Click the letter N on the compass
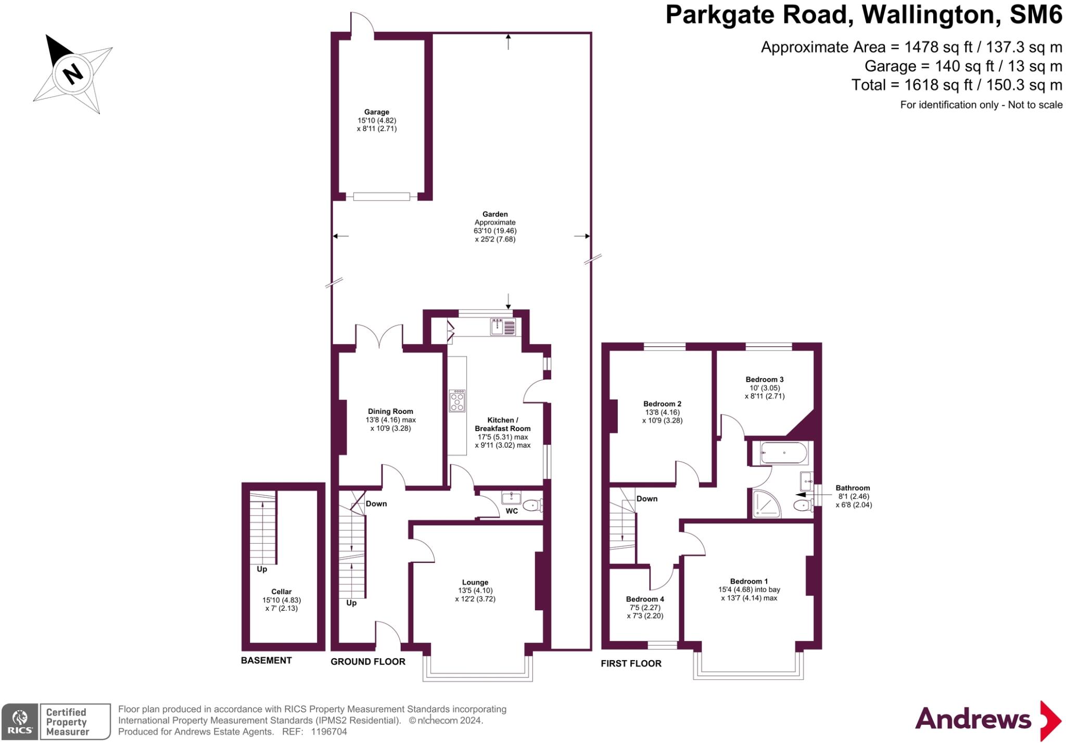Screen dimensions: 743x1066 pyautogui.click(x=73, y=73)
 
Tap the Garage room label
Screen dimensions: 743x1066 pyautogui.click(x=376, y=112)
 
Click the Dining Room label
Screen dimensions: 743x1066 pyautogui.click(x=390, y=411)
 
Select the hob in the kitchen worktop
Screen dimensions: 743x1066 pyautogui.click(x=457, y=400)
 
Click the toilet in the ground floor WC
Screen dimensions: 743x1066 pyautogui.click(x=532, y=505)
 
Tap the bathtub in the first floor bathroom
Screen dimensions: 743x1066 pyautogui.click(x=783, y=453)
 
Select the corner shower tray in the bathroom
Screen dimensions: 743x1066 pyautogui.click(x=766, y=503)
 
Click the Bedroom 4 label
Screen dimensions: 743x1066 pyautogui.click(x=645, y=599)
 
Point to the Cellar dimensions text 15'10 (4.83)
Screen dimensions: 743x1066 pyautogui.click(x=282, y=600)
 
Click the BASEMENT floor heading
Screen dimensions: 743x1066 pyautogui.click(x=266, y=660)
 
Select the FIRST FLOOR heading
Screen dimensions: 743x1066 pyautogui.click(x=631, y=663)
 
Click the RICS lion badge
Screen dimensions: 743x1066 pyautogui.click(x=20, y=722)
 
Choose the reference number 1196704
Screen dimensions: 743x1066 pyautogui.click(x=329, y=732)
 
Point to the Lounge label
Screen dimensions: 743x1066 pyautogui.click(x=475, y=582)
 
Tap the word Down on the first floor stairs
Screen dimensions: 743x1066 pyautogui.click(x=647, y=499)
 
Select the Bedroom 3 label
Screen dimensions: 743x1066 pyautogui.click(x=764, y=380)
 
